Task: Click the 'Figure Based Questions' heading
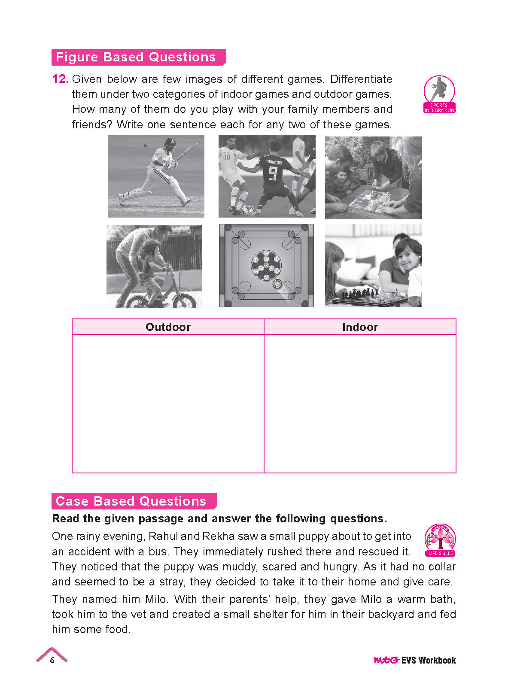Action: (136, 57)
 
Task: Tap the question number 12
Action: (60, 79)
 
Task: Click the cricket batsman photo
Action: (156, 176)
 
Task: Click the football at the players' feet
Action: (247, 210)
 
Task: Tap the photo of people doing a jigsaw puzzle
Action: (373, 178)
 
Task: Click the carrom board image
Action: (266, 265)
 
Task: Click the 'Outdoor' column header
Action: (168, 327)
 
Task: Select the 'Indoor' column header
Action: (360, 327)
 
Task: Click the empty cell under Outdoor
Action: (168, 403)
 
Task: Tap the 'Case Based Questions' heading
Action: (131, 501)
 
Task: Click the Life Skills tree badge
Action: (440, 539)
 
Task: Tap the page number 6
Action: (52, 660)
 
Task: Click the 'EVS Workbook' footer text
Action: (429, 660)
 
